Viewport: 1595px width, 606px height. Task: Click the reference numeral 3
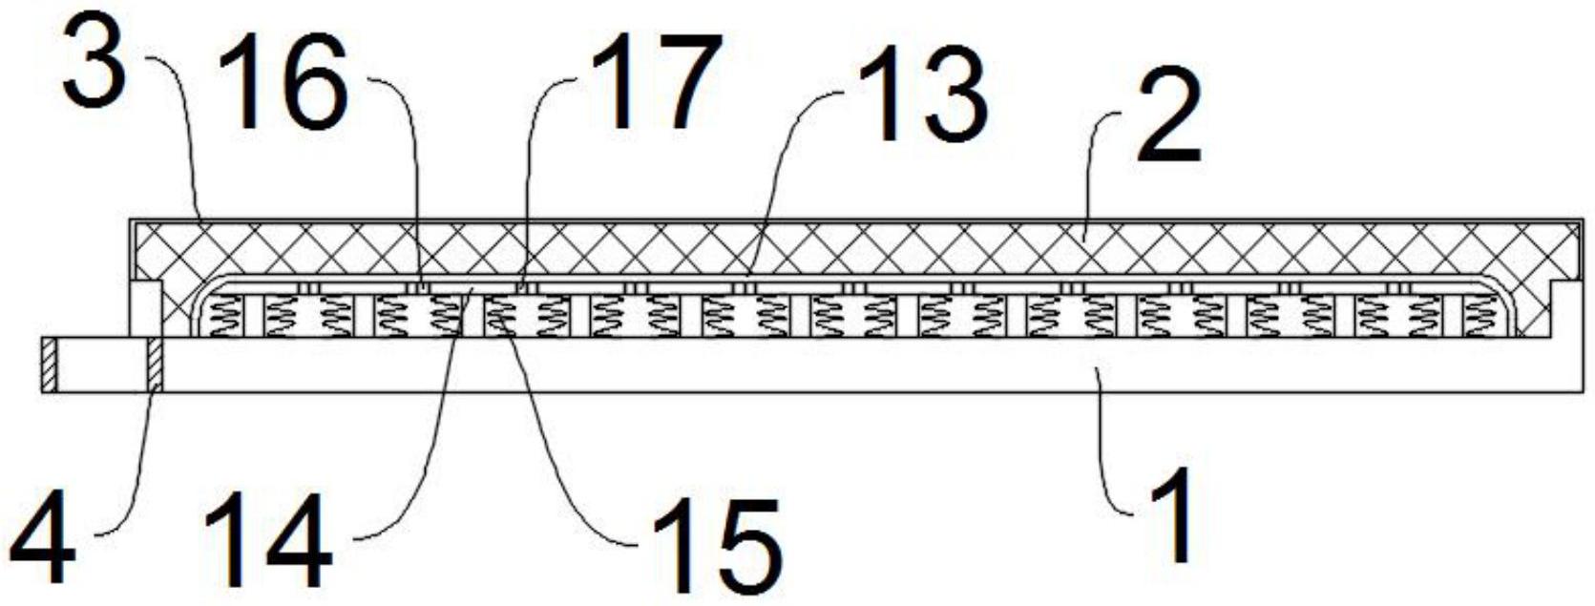[x=94, y=65]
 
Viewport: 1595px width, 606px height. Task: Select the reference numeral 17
[x=654, y=83]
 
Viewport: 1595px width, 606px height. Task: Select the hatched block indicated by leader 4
[x=155, y=366]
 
